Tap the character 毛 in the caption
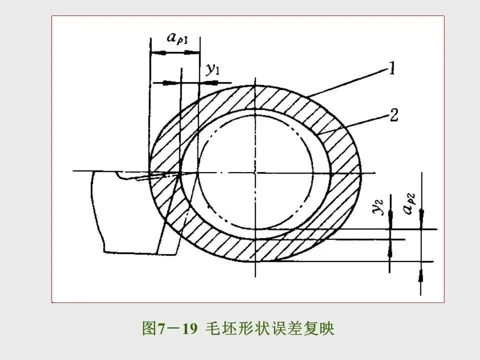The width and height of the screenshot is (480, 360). click(212, 328)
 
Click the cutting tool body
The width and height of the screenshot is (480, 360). click(125, 210)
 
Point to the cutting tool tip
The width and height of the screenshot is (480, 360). click(178, 173)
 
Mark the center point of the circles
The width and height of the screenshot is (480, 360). click(255, 173)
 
